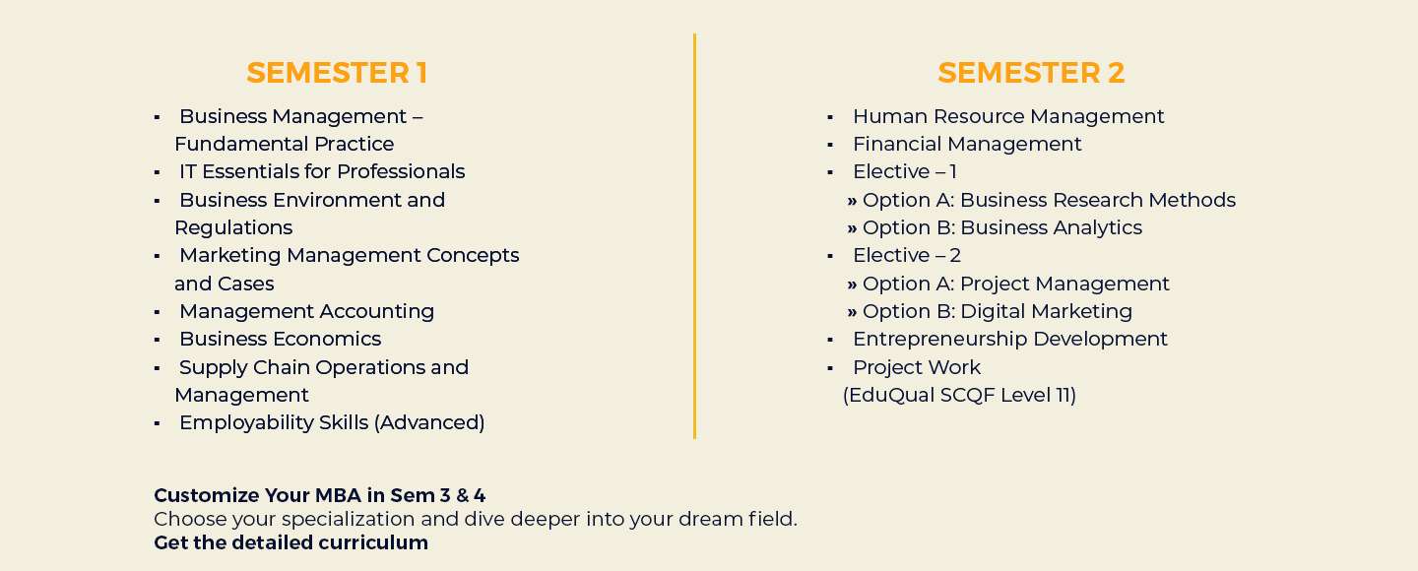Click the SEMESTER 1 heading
point(337,73)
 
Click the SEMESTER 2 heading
point(1031,73)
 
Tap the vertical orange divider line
point(694,236)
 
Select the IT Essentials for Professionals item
point(322,171)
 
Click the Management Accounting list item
point(306,311)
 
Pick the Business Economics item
point(280,339)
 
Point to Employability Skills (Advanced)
point(332,422)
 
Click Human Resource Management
point(1008,116)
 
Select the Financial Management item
point(967,144)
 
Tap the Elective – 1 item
point(904,171)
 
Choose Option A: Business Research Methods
point(1049,200)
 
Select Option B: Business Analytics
point(1001,227)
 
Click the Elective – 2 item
point(906,255)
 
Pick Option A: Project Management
point(1015,284)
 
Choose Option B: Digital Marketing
point(997,311)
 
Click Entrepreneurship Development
point(1009,339)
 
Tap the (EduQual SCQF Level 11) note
point(959,395)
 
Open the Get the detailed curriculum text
point(290,542)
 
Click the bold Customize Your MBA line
point(319,495)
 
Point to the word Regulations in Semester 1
point(233,227)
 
